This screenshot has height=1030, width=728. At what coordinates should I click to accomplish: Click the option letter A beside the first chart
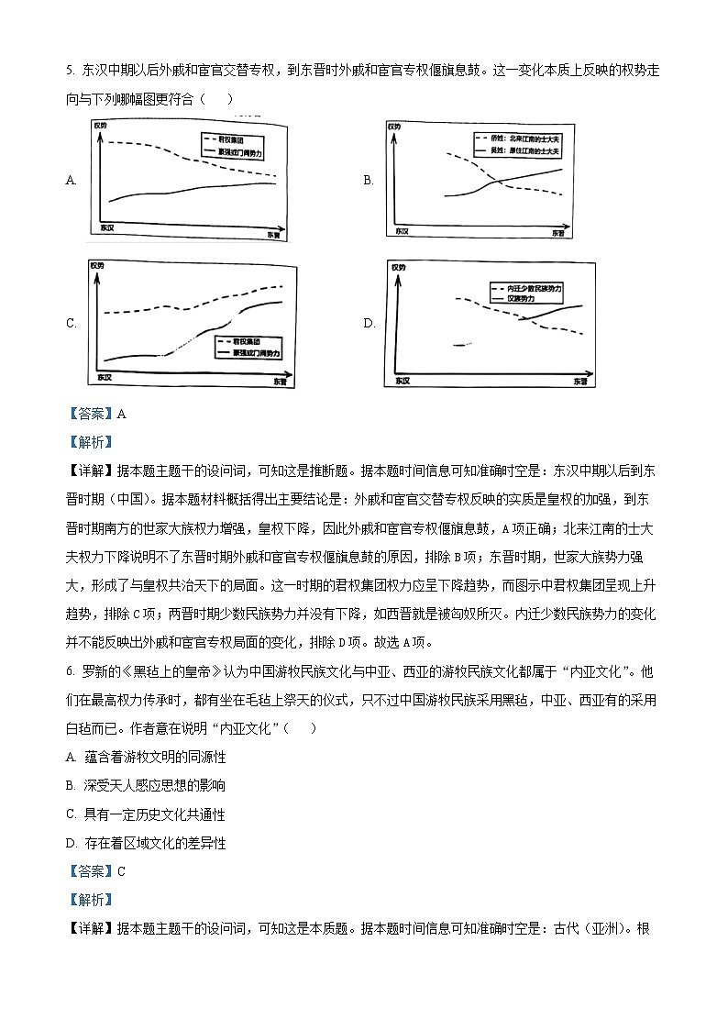pyautogui.click(x=71, y=181)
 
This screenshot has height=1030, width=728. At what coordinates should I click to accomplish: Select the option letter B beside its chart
pyautogui.click(x=369, y=181)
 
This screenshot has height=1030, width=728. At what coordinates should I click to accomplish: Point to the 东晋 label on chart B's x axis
pyautogui.click(x=561, y=234)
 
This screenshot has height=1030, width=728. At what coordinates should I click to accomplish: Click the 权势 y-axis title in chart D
pyautogui.click(x=398, y=268)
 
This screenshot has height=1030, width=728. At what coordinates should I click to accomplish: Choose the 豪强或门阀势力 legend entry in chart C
pyautogui.click(x=249, y=352)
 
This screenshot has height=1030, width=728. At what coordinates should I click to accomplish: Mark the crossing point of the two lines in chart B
pyautogui.click(x=495, y=183)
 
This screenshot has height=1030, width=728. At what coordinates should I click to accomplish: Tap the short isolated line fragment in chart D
pyautogui.click(x=461, y=345)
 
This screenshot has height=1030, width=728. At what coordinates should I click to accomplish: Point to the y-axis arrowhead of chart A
pyautogui.click(x=95, y=129)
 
